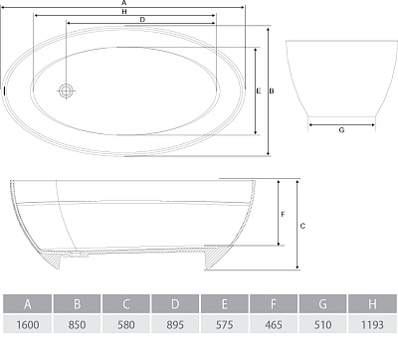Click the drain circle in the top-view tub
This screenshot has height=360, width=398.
66,90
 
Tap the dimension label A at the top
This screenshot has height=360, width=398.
124,3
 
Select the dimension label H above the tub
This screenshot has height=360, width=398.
124,12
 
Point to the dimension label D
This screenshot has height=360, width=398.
142,20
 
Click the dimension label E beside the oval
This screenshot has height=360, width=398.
259,90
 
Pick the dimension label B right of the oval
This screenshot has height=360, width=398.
272,90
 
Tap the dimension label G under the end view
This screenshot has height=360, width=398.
341,130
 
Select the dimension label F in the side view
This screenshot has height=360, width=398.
283,215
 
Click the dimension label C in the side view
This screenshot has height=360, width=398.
302,226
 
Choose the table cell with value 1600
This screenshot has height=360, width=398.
28,324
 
